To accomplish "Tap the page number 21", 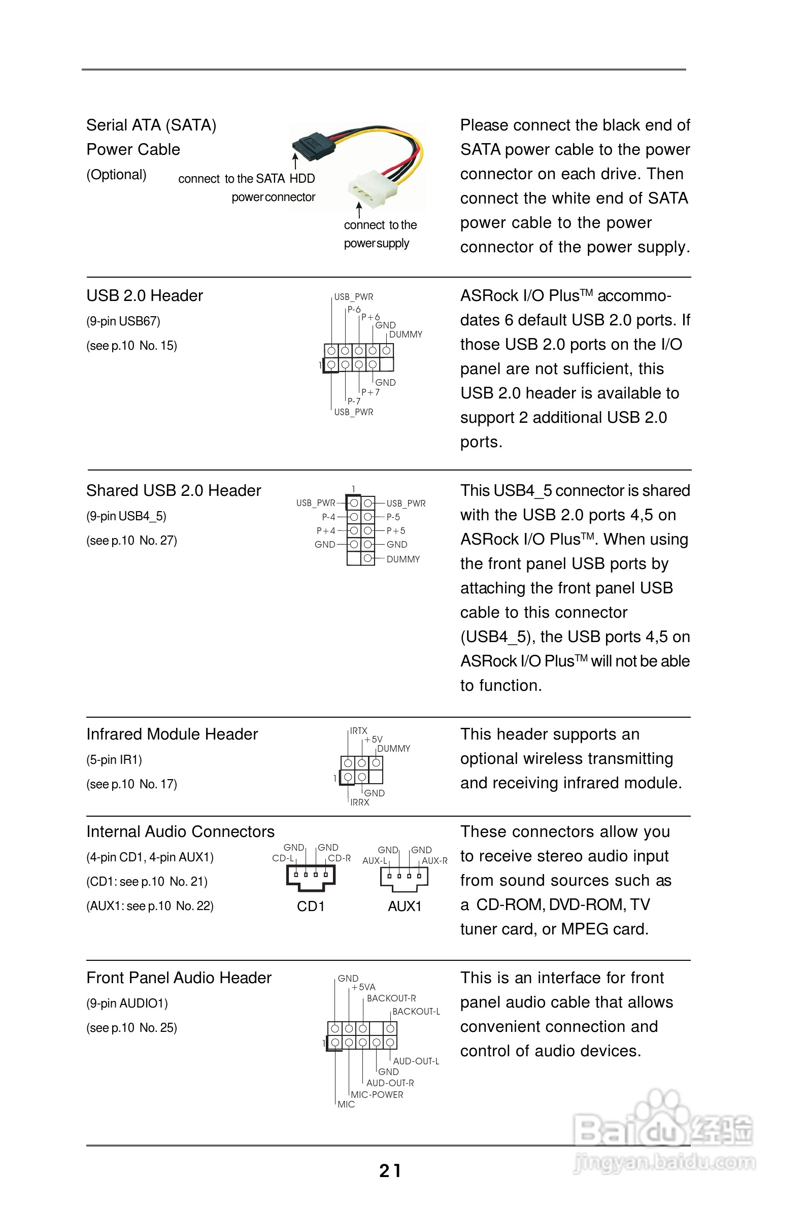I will pos(390,1170).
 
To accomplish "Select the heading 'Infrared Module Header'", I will pos(172,734).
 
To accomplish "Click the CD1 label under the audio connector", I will pos(311,907).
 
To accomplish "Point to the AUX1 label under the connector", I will pos(405,907).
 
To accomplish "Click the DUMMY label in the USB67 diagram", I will pos(406,334).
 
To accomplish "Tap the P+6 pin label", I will pos(370,317).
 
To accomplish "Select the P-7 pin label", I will pos(354,401).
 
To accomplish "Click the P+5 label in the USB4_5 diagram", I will pos(396,530).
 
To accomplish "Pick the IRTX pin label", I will pos(359,730).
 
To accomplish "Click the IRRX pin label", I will pos(360,802).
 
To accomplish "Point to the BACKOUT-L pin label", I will pos(416,1011).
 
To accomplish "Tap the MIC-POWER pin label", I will pos(377,1094).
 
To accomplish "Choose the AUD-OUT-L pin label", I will pos(416,1061).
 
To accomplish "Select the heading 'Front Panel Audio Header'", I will pos(178,978).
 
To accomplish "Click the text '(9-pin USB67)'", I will pos(123,321).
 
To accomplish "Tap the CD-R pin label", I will pos(339,858).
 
